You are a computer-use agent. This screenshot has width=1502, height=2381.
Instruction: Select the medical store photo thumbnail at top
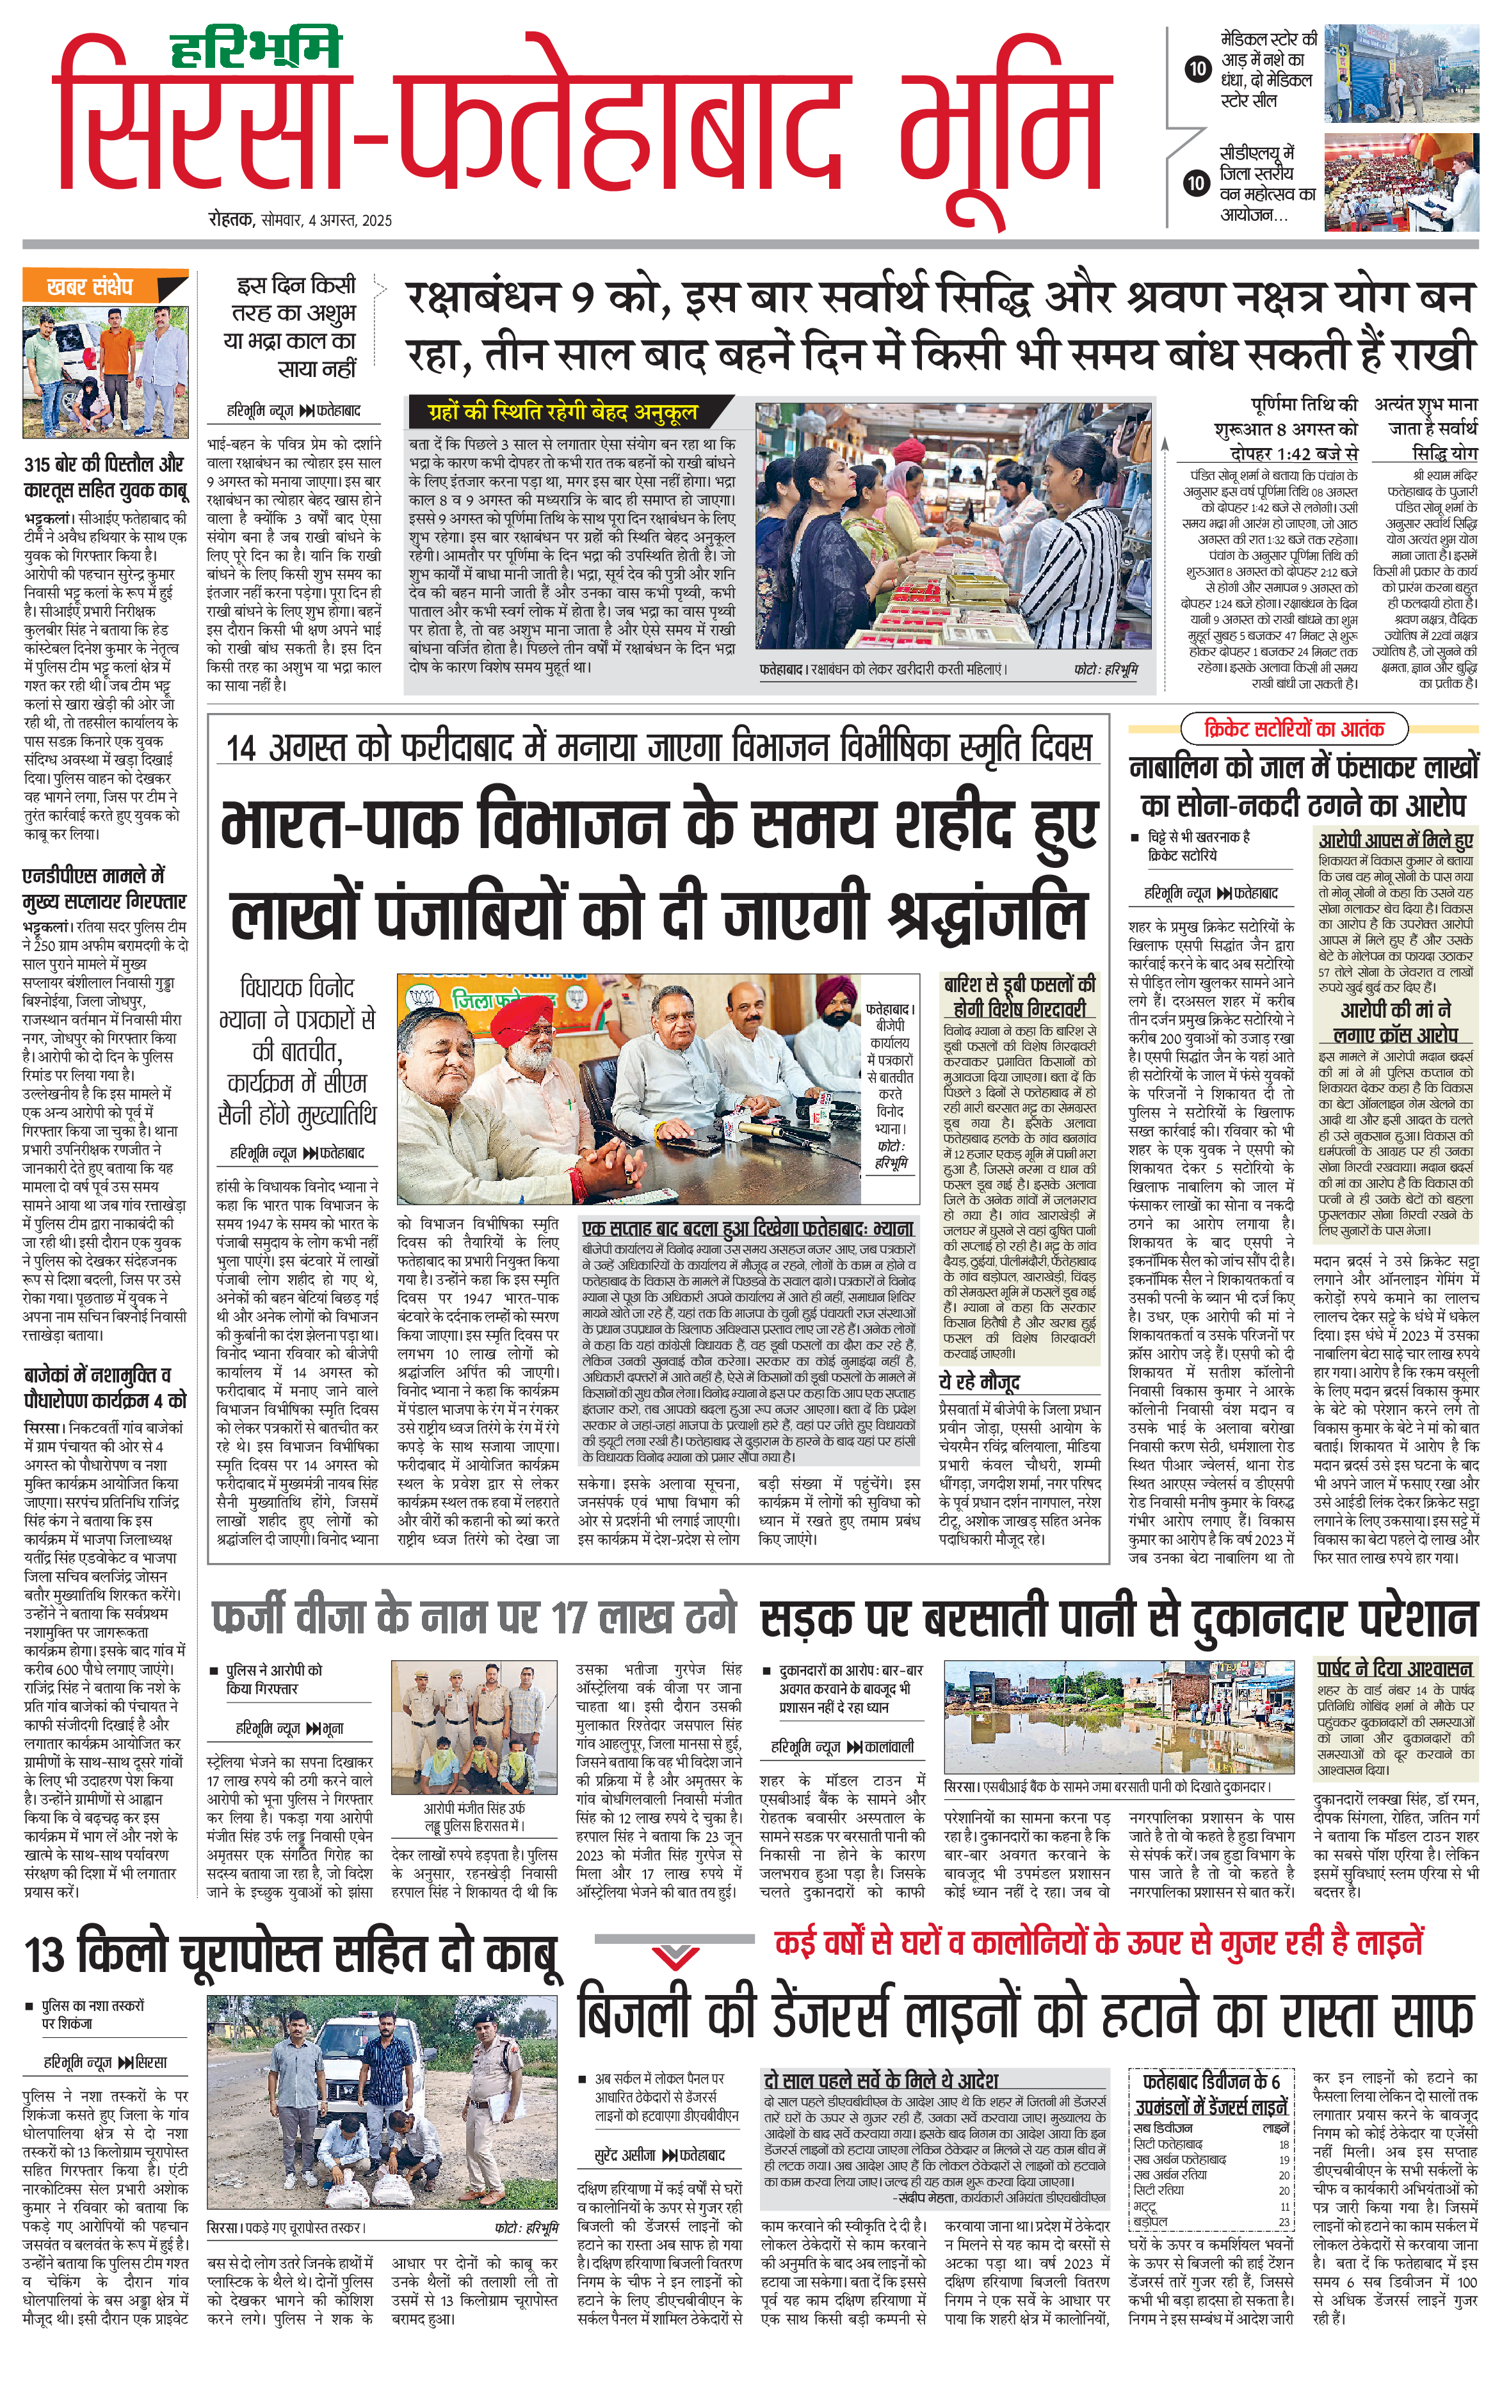(x=1400, y=74)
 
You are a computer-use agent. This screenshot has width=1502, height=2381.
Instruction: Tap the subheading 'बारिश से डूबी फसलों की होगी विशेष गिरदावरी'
(x=1019, y=995)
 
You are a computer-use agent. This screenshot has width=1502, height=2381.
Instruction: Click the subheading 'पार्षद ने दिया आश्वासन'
(x=1394, y=1668)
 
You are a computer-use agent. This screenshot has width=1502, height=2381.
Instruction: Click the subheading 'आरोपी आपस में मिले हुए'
(x=1395, y=840)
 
